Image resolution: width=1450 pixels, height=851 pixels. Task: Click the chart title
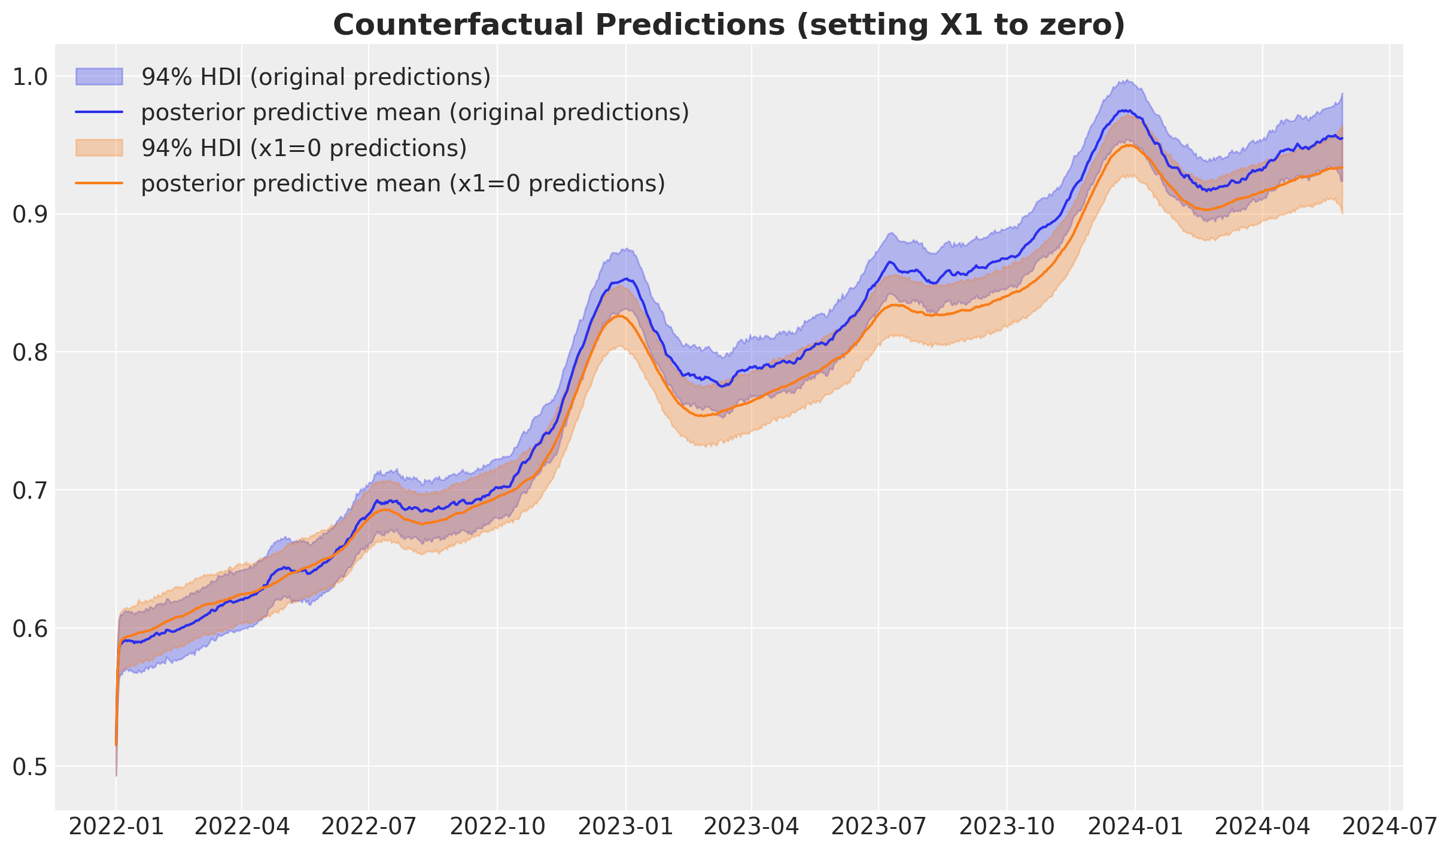[729, 25]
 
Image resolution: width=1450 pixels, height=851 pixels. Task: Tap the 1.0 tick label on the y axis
[29, 77]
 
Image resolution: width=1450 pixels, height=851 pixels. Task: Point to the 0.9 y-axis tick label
[29, 215]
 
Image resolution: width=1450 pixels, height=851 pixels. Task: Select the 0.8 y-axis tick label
[29, 353]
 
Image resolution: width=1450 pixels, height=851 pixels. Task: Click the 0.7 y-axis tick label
[29, 490]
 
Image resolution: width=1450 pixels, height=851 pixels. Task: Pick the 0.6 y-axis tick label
[29, 629]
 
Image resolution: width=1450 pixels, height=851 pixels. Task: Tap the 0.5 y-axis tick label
[29, 767]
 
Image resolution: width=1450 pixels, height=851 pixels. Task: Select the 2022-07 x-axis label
[369, 827]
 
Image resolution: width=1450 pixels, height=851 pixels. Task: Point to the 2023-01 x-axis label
[626, 827]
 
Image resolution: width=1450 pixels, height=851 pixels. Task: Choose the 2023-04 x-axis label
[752, 827]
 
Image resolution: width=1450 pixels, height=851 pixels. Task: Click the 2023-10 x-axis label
[1007, 827]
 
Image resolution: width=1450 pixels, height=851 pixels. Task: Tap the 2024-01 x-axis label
[1135, 827]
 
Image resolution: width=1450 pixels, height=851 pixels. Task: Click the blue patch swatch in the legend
[99, 77]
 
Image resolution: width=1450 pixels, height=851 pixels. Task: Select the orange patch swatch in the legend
[99, 148]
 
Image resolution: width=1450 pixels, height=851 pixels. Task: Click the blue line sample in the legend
[99, 112]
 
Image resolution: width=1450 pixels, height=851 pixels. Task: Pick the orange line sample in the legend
[99, 183]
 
